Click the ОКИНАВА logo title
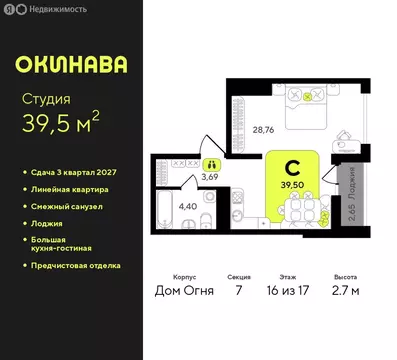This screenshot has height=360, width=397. pos(71,63)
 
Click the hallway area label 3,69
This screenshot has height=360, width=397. pos(210,176)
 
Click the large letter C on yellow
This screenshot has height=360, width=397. pos(294,168)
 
